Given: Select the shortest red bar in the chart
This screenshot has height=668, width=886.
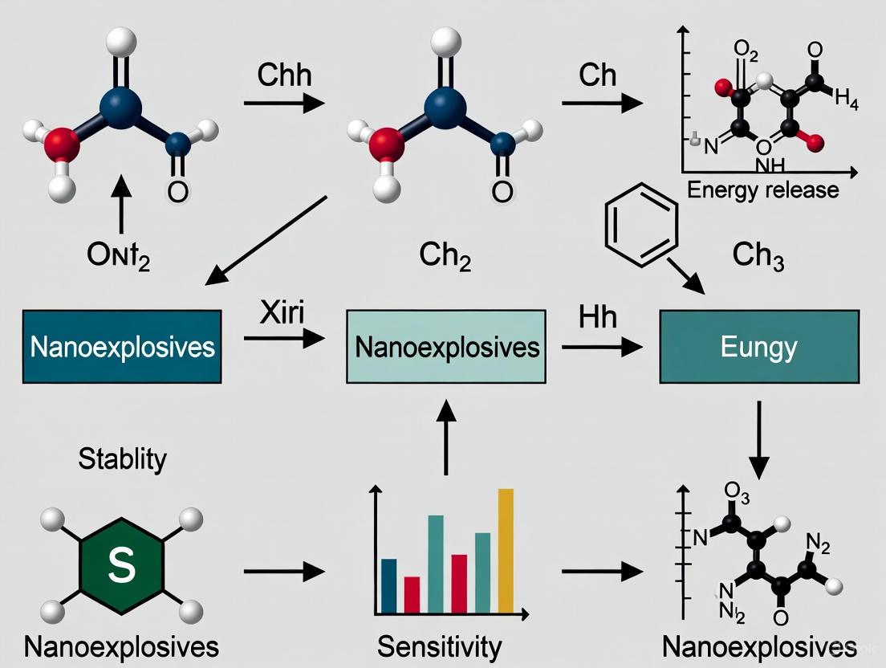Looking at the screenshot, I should click(x=412, y=594).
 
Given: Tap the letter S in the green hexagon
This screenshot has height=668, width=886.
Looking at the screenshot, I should click(x=121, y=566).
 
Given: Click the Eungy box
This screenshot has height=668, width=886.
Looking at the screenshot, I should click(x=758, y=347).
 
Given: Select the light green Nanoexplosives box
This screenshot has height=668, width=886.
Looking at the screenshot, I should click(x=445, y=347).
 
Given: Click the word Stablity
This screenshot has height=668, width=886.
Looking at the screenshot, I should click(x=123, y=459).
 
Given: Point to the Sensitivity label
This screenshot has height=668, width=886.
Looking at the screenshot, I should click(x=439, y=646).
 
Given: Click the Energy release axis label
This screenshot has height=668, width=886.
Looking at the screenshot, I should click(x=762, y=190).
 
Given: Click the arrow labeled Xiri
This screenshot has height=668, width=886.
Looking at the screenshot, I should click(x=283, y=340).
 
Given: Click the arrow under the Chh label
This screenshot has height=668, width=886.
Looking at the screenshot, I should click(x=283, y=104).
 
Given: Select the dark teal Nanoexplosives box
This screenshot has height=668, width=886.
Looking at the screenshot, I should click(x=122, y=347).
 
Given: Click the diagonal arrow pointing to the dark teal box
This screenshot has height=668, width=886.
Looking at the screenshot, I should click(x=266, y=240).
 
